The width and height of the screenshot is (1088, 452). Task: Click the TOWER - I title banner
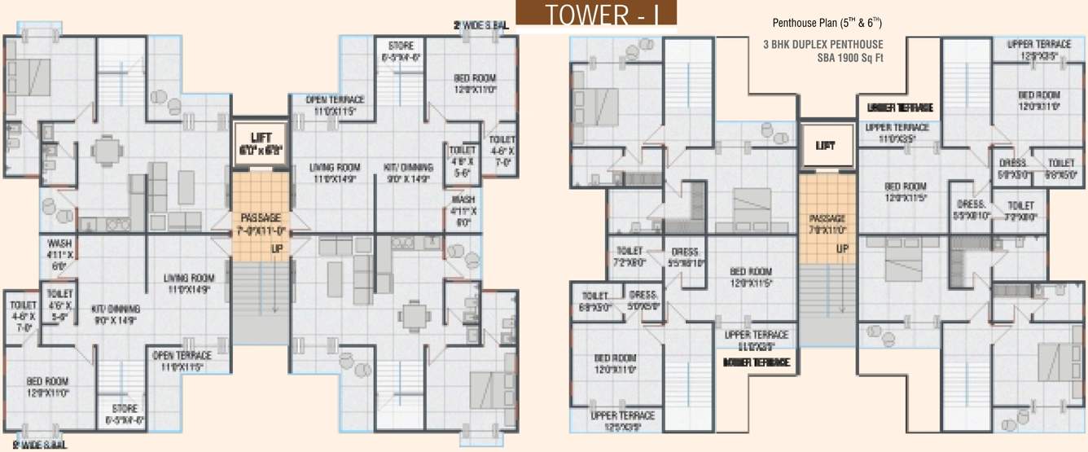(x=596, y=16)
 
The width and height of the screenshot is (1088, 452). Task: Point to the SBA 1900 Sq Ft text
(x=850, y=58)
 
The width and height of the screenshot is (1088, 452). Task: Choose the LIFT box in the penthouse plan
(x=826, y=145)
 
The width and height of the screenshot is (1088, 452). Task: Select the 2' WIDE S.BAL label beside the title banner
(x=480, y=26)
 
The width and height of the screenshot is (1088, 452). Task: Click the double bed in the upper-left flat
(x=31, y=77)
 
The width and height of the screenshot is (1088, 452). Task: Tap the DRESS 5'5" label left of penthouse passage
(x=685, y=257)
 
